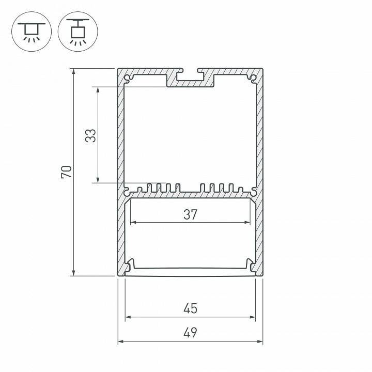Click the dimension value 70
(x=67, y=172)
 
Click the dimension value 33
(x=91, y=135)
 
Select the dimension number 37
(x=190, y=214)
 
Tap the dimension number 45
(x=190, y=309)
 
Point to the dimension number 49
(x=190, y=332)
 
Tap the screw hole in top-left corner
(x=128, y=79)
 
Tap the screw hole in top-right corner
(x=252, y=79)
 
